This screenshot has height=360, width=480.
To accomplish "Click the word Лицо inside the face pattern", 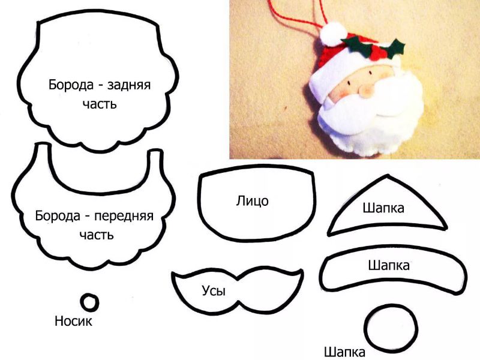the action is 252,201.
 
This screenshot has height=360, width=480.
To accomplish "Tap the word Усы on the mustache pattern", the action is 214,290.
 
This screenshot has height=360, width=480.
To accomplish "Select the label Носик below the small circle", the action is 73,321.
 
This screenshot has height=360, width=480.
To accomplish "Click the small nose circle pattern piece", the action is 89,302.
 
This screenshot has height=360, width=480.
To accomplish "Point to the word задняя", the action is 129,85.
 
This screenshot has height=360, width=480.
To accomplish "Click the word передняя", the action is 124,216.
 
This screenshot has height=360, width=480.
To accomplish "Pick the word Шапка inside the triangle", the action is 383,208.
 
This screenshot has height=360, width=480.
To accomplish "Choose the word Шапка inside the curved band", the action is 389,265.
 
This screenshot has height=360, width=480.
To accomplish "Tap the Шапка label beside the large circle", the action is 344,352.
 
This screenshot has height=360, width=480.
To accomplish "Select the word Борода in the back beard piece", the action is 71,85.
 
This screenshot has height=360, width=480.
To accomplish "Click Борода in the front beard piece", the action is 58,216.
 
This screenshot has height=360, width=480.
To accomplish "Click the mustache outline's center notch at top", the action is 238,278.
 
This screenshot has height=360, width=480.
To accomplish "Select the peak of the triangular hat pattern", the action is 388,175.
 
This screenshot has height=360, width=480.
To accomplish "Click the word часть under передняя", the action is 97,235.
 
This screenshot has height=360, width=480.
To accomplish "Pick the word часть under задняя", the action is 100,104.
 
